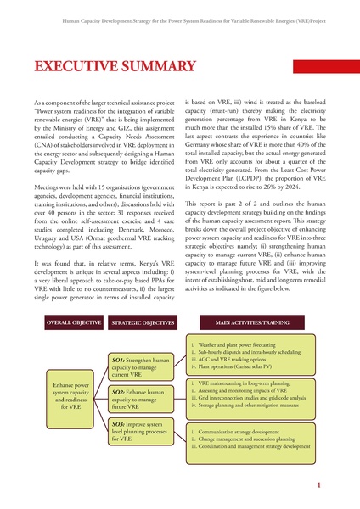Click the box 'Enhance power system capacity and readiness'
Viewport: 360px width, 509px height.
point(70,395)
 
